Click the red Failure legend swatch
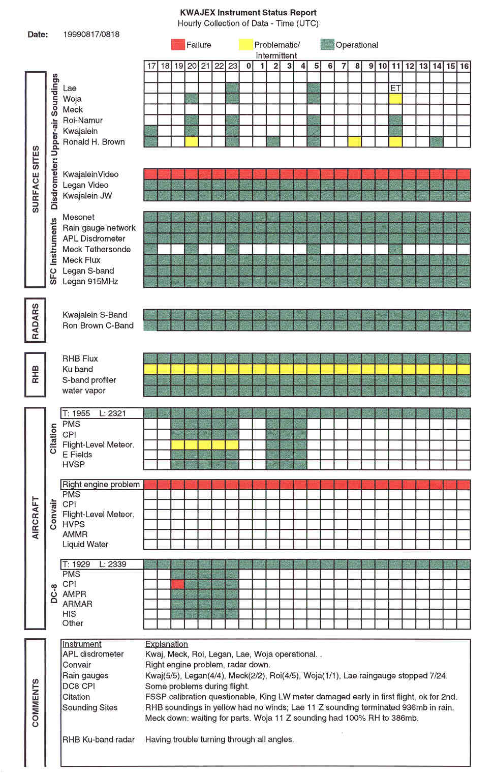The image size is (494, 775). coord(178,45)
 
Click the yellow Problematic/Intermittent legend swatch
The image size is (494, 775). coord(245,45)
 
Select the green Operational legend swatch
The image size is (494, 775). coord(327,45)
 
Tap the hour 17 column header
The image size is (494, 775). coord(151,66)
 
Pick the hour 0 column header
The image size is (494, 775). coord(249,66)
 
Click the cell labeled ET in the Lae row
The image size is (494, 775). coord(395,88)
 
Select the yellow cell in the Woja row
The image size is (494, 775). coord(395,99)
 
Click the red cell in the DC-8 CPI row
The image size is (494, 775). coord(178,584)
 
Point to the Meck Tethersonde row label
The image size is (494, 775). coord(97,249)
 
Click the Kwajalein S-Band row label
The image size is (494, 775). coord(95,315)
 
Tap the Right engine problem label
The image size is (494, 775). coord(101,484)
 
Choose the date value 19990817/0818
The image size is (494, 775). coord(91,35)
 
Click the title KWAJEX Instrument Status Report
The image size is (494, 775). coord(248,13)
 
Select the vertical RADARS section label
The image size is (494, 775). coord(35,321)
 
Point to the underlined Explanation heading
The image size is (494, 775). coord(166,644)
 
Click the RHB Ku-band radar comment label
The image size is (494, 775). coord(99,739)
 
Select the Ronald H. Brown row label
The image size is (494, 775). coord(94,142)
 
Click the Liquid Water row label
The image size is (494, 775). coord(85,544)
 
